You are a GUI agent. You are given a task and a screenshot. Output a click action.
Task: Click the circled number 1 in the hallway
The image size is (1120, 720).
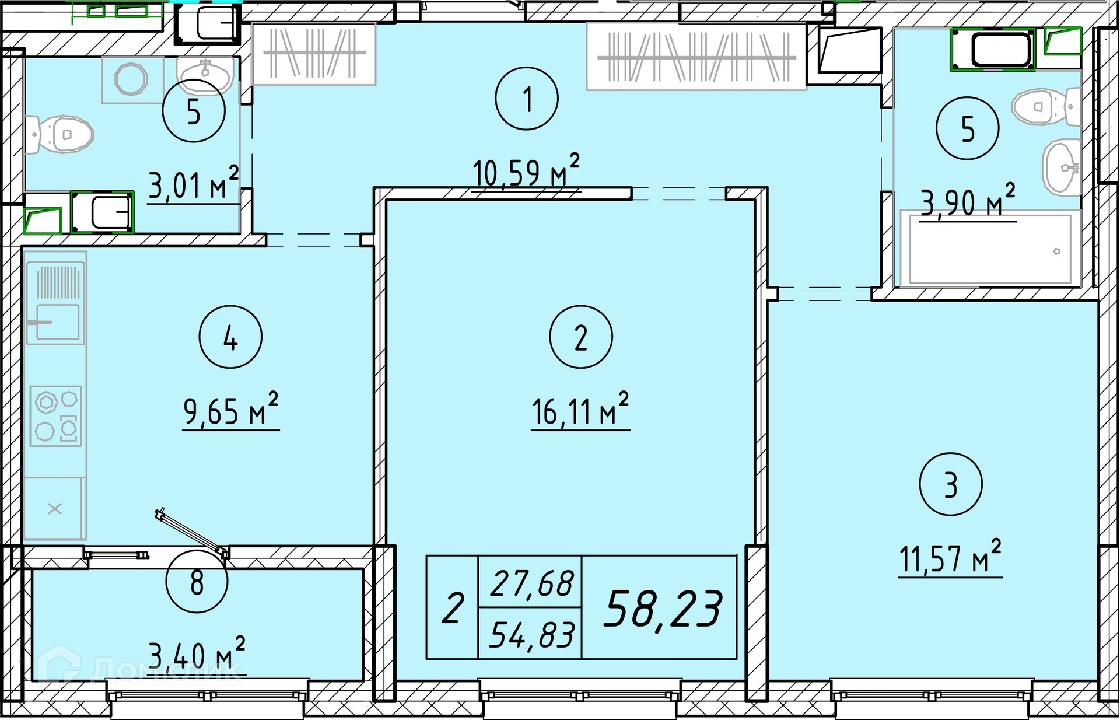(x=526, y=98)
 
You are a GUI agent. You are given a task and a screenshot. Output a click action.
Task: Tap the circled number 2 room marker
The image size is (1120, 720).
(x=580, y=337)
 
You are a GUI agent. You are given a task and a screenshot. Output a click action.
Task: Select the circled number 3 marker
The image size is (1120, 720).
(x=950, y=484)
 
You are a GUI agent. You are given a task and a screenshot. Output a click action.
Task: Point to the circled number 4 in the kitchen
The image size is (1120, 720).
(x=230, y=337)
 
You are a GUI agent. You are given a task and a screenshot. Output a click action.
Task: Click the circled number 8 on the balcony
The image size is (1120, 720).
(x=197, y=582)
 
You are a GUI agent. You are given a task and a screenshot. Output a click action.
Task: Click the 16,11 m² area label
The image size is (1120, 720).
(x=580, y=410)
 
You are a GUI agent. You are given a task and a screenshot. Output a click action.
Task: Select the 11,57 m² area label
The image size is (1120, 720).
(x=950, y=557)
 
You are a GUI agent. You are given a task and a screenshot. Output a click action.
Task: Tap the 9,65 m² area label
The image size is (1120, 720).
(x=230, y=410)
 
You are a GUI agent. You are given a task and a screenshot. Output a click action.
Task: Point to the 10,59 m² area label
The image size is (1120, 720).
(x=526, y=170)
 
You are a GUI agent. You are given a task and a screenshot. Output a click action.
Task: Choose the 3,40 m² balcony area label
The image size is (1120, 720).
(x=197, y=655)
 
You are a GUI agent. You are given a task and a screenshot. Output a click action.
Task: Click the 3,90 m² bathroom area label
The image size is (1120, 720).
(x=968, y=201)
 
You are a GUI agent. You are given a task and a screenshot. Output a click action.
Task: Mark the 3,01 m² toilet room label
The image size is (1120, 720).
(x=193, y=184)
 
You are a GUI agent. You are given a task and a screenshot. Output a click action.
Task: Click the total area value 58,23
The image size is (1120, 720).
(x=663, y=609)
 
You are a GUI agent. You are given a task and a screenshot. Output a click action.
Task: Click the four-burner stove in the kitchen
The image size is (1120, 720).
(x=56, y=416)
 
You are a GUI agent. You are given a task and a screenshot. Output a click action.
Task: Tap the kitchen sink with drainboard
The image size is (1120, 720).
(x=55, y=303)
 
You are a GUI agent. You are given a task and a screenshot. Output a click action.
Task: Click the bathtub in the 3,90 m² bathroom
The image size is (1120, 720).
(x=990, y=249)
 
